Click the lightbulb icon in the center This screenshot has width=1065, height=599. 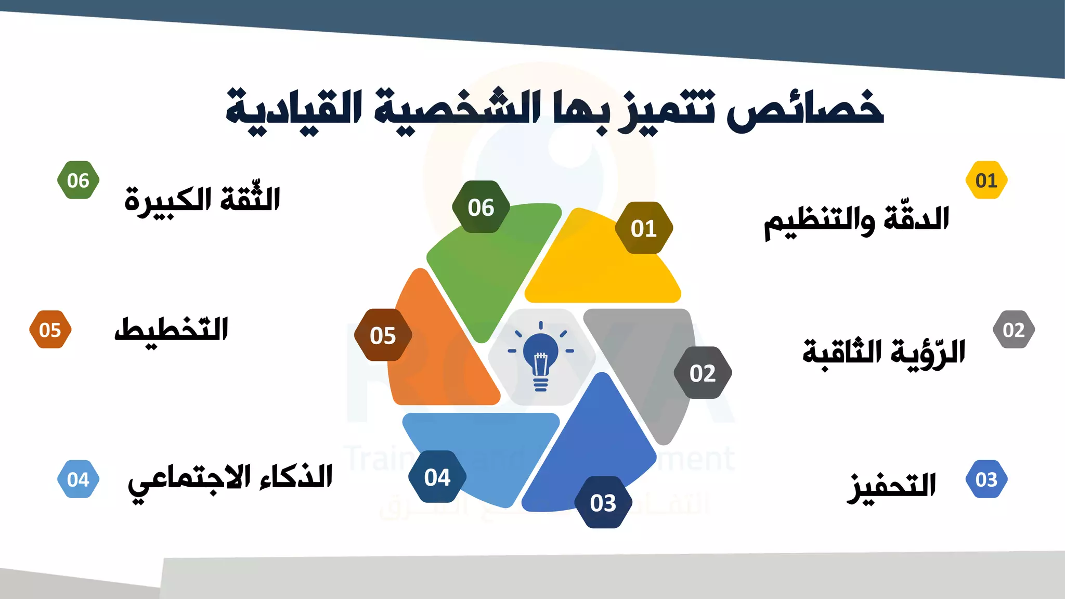541,357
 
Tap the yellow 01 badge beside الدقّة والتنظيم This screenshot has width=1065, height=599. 986,180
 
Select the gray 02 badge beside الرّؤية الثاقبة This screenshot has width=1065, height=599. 1014,330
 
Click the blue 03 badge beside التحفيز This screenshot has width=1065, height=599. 986,479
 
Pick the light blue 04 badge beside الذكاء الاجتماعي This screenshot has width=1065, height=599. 78,479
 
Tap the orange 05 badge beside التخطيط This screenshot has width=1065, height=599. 50,330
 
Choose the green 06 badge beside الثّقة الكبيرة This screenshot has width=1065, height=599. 78,180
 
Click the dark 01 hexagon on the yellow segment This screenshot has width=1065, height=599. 644,228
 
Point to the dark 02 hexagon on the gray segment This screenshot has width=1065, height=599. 703,373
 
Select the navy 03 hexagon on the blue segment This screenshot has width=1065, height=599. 603,502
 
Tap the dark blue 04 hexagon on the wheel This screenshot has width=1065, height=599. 437,477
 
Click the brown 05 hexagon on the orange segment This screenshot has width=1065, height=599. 383,335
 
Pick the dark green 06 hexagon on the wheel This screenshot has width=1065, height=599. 481,207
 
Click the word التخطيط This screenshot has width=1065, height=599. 172,330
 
